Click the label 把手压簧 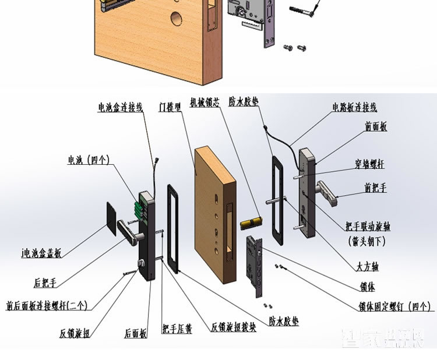coord(177,330)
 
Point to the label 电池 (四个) coord(89,160)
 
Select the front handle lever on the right coord(328,193)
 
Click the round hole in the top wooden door coord(175,19)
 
